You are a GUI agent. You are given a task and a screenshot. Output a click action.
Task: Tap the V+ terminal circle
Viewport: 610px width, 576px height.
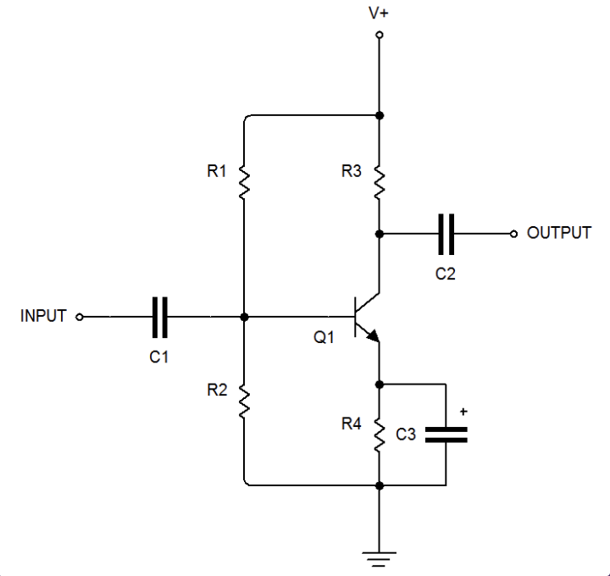[x=379, y=35]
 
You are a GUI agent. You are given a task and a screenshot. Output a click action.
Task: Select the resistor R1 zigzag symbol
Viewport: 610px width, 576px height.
[x=243, y=180]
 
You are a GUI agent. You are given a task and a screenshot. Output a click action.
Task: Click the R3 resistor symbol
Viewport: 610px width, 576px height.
[x=379, y=180]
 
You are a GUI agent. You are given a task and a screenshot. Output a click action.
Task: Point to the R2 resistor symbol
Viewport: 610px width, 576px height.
[x=243, y=401]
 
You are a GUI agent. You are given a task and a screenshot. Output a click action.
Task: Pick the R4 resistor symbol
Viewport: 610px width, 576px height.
[x=379, y=435]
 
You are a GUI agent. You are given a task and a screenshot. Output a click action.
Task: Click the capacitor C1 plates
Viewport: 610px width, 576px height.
[x=160, y=317]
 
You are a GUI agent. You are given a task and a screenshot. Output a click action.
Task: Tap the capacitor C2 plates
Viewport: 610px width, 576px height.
[x=446, y=233]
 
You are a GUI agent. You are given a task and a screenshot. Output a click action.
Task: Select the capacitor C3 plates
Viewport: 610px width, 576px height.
[x=446, y=435]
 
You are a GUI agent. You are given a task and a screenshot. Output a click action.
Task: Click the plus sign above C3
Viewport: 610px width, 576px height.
[x=463, y=412]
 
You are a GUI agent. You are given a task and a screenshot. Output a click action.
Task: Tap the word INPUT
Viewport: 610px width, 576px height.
[x=43, y=317]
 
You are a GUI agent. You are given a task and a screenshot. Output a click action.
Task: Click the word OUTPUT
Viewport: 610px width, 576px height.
[x=559, y=233]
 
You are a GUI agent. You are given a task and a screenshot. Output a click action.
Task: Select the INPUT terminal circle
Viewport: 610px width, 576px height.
[x=80, y=317]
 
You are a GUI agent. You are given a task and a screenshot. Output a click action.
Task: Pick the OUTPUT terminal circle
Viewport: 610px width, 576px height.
[x=513, y=233]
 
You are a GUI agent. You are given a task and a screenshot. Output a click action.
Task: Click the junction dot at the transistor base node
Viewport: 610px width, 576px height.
[x=244, y=317]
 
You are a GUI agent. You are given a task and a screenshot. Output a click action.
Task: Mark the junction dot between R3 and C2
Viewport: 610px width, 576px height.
[x=379, y=233]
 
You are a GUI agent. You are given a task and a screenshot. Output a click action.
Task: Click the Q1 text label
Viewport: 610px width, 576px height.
[x=324, y=337]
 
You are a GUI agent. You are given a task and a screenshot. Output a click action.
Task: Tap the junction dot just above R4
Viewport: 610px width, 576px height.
[x=379, y=384]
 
